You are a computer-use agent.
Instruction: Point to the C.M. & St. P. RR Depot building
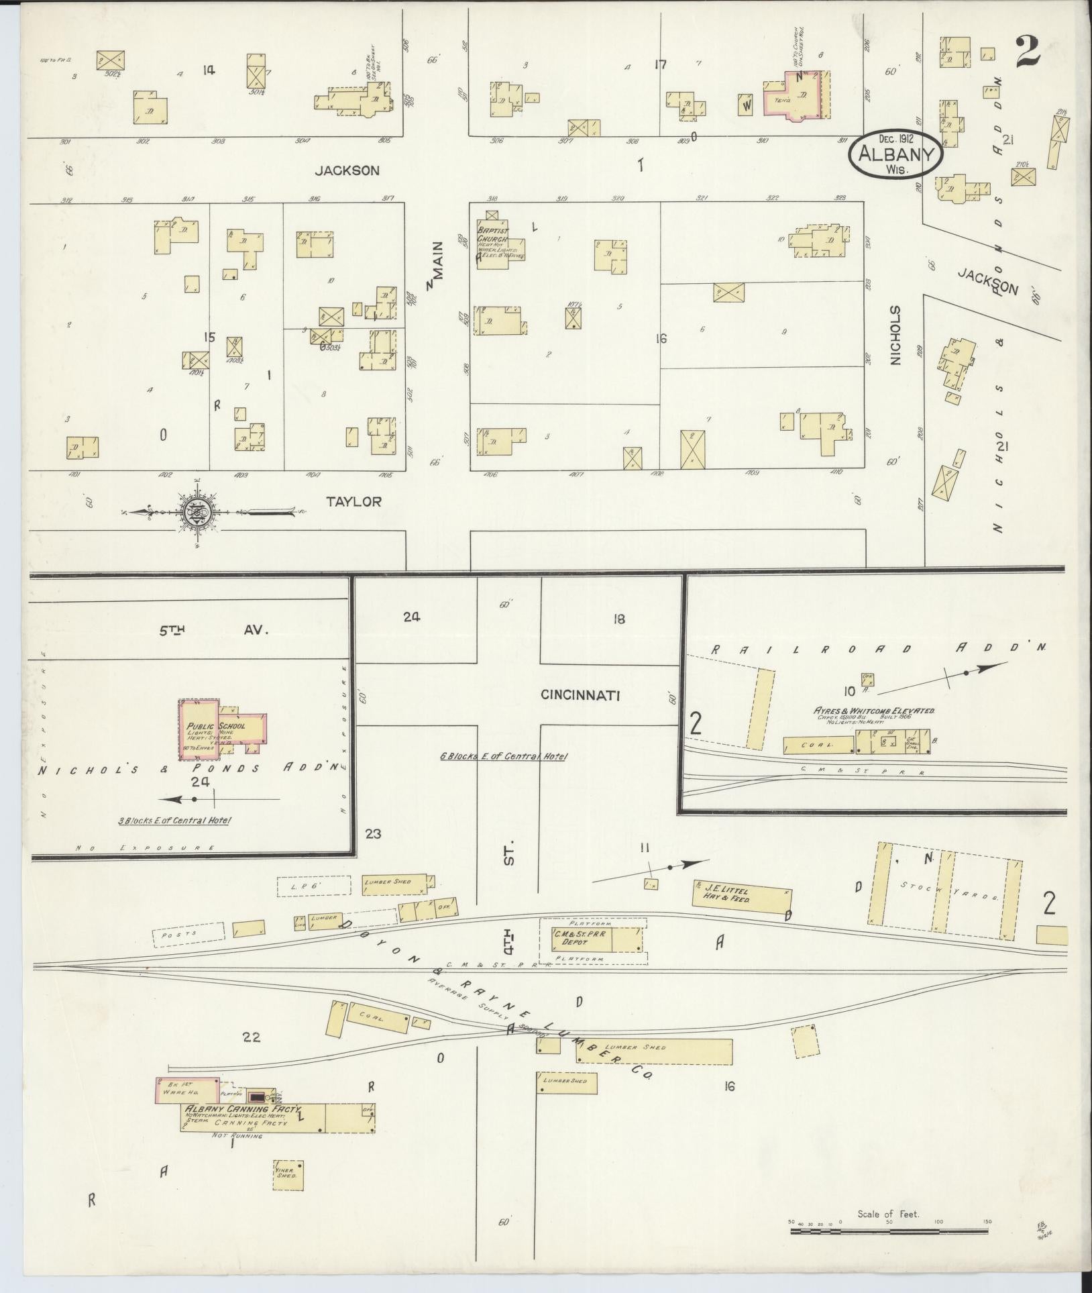click(x=590, y=938)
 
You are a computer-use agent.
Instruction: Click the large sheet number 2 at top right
click(x=1026, y=52)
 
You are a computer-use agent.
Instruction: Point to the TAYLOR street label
click(x=354, y=501)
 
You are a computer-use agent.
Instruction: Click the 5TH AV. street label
click(x=213, y=631)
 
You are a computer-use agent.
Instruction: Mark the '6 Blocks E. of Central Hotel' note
click(x=503, y=756)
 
